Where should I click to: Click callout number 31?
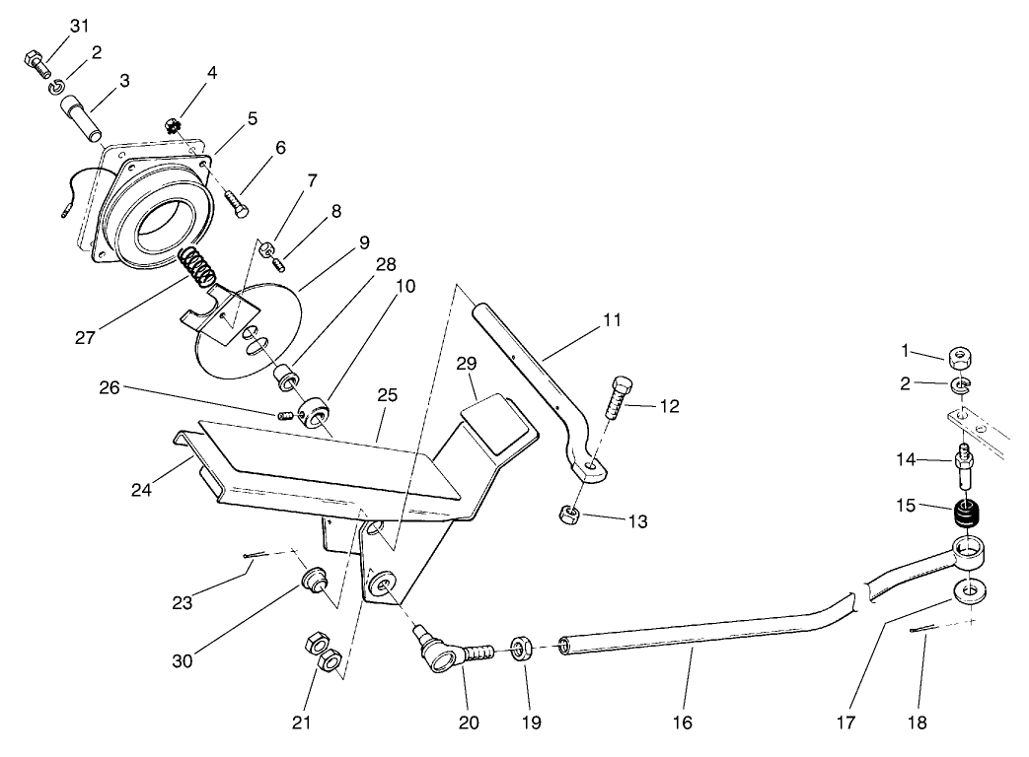click(80, 25)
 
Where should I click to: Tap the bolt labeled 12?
click(623, 398)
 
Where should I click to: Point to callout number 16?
click(682, 723)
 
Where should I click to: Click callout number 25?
click(387, 395)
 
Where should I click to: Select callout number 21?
click(302, 723)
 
